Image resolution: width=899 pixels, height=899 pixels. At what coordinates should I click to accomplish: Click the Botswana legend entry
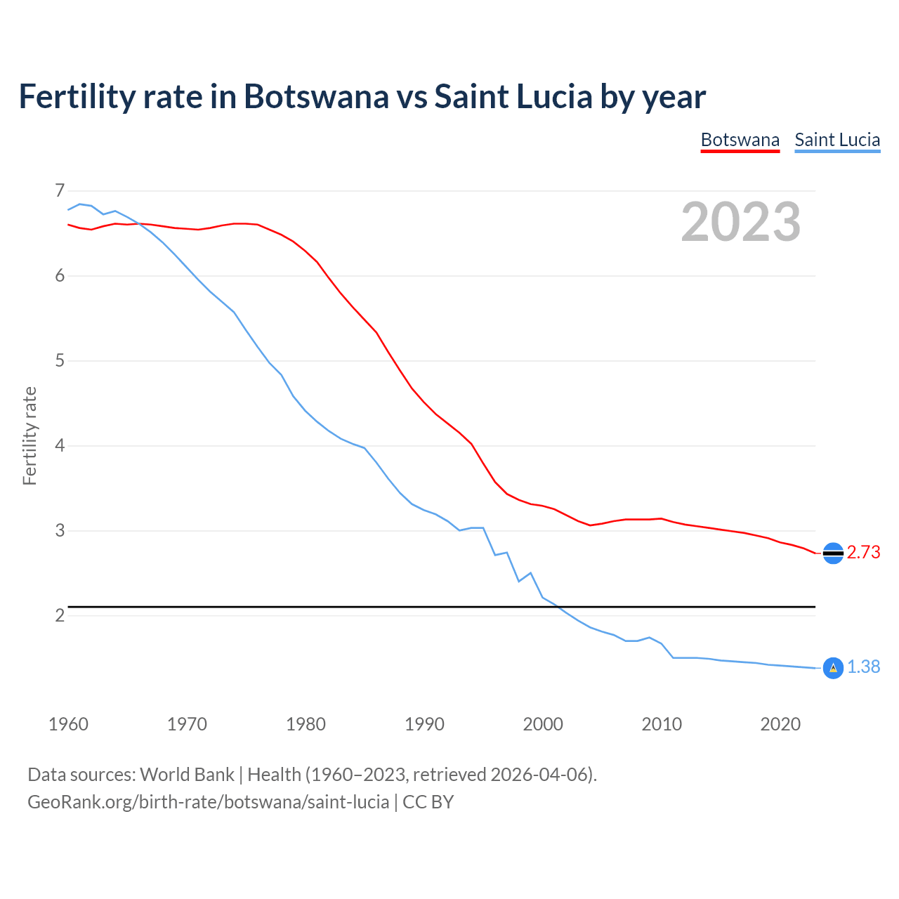[740, 140]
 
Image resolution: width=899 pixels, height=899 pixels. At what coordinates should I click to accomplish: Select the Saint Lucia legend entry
[837, 140]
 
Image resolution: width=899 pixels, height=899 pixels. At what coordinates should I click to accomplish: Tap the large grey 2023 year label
[740, 222]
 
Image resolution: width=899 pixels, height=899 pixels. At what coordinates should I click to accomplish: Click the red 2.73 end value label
[863, 553]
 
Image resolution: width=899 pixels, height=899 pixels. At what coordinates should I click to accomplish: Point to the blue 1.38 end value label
[863, 667]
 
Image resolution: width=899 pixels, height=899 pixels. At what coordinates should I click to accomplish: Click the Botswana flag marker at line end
[833, 553]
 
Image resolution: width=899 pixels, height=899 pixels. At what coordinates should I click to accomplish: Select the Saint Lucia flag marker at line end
[833, 668]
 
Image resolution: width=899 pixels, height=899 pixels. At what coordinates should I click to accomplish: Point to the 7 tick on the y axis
[59, 191]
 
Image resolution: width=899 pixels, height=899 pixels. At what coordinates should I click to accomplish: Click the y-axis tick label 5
[59, 361]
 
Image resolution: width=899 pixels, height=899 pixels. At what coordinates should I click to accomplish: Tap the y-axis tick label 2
[59, 616]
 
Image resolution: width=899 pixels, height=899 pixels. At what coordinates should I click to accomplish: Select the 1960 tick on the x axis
[68, 724]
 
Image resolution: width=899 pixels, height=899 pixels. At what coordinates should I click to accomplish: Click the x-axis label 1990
[424, 724]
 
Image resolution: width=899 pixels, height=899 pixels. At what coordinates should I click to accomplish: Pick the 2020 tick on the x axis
[780, 724]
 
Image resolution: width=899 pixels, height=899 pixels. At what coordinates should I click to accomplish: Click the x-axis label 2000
[543, 724]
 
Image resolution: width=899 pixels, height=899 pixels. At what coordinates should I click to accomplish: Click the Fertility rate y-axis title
[29, 435]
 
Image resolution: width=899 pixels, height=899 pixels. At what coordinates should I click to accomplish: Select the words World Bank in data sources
[187, 775]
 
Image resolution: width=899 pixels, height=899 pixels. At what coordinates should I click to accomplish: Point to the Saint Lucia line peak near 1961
[80, 204]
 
